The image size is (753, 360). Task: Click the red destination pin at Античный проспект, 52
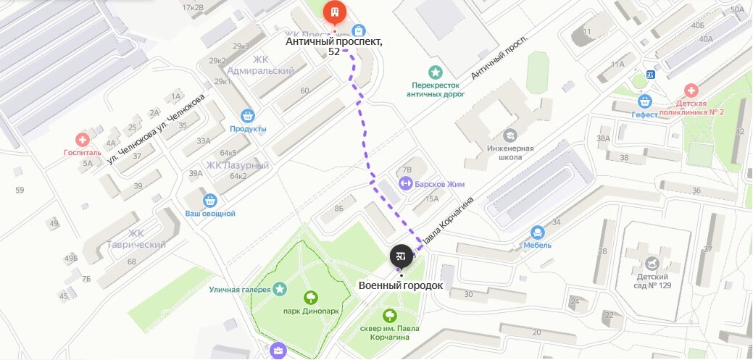[x=334, y=12]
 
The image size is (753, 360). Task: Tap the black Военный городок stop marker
[x=401, y=256]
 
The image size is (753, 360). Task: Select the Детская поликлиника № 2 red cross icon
[x=691, y=91]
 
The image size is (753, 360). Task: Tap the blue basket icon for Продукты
[x=248, y=116]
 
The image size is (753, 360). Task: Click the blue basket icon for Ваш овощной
[x=210, y=200]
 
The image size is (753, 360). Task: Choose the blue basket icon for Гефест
[x=644, y=101]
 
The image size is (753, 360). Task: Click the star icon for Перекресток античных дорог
[x=435, y=72]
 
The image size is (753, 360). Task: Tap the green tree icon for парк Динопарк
[x=312, y=297]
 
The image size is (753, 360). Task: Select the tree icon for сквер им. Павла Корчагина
[x=390, y=315]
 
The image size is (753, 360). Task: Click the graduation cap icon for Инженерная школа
[x=510, y=135]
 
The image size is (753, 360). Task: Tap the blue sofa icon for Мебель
[x=538, y=233]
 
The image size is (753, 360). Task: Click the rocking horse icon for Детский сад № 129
[x=652, y=262]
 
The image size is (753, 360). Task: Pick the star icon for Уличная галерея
[x=280, y=290]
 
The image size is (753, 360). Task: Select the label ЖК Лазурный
[x=238, y=165]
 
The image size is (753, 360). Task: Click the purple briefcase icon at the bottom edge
[x=279, y=351]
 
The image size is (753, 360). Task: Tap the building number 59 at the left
[x=20, y=191]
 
